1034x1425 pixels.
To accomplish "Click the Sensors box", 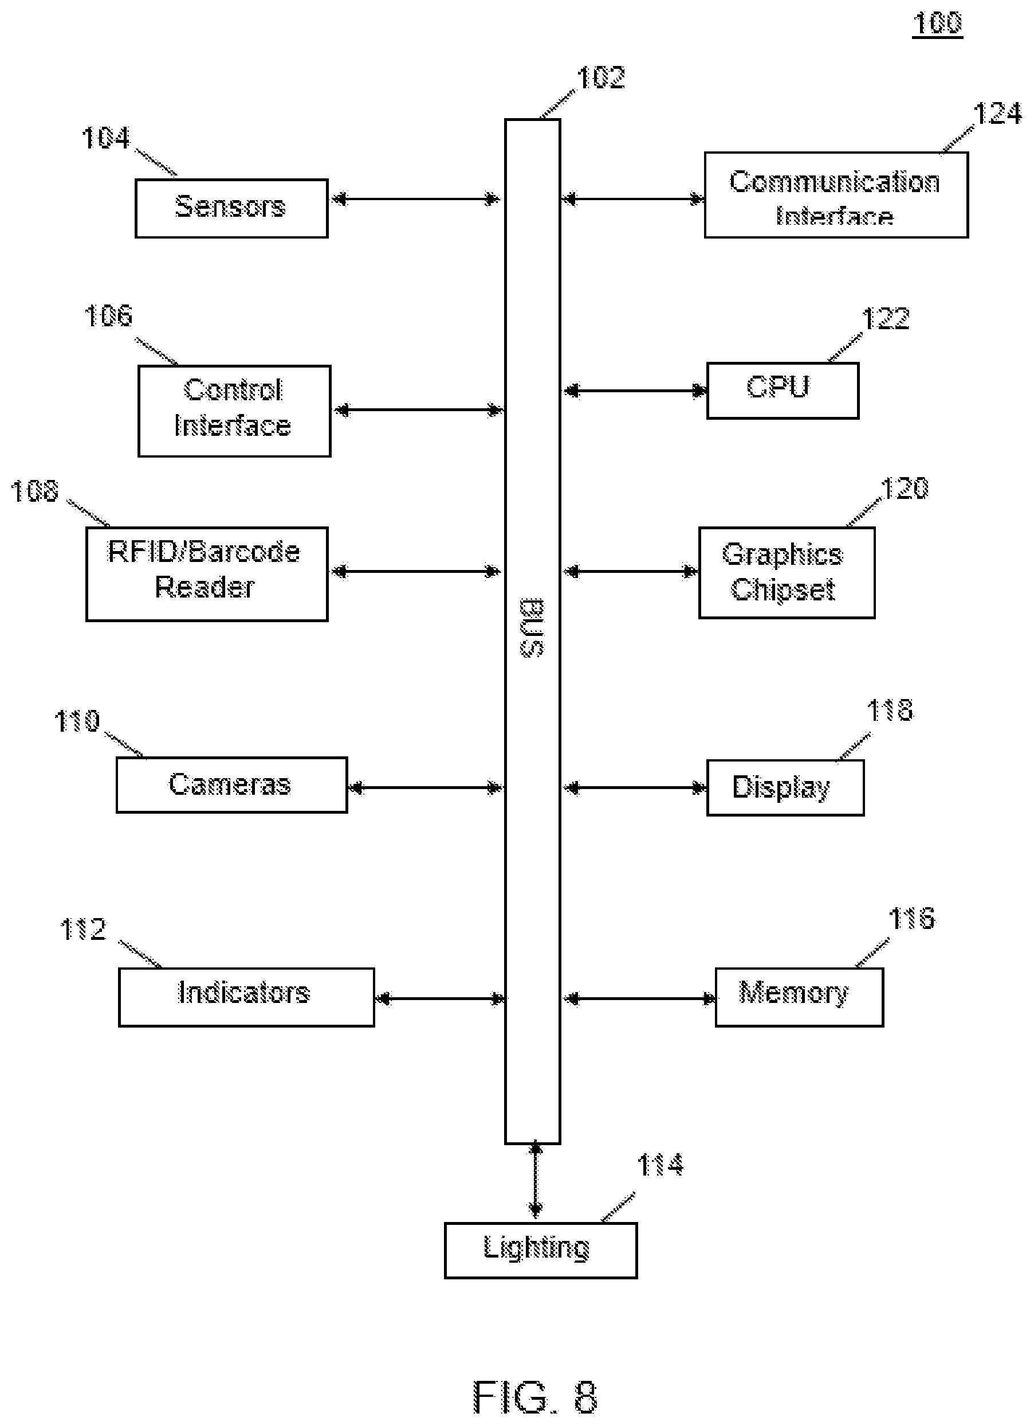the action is click(231, 209).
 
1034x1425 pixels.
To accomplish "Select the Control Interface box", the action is click(234, 411).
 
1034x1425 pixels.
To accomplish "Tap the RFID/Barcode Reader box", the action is click(207, 574).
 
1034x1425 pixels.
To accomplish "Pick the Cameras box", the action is click(231, 785).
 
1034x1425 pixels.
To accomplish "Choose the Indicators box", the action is click(246, 997).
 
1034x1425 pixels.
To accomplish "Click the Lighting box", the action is click(541, 1250).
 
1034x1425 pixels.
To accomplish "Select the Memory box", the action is click(799, 997).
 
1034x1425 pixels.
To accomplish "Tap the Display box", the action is click(785, 788).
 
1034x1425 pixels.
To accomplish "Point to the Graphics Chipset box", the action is click(787, 573).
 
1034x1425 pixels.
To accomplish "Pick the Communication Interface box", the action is click(836, 195).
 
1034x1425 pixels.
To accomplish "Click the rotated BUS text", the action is click(532, 628).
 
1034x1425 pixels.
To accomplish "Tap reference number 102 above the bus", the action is click(601, 78).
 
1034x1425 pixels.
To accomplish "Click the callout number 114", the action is click(660, 1165).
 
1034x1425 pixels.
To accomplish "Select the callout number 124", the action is click(997, 114).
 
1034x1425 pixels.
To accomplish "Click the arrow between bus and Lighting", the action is click(536, 1180).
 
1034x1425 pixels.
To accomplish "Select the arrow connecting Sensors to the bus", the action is click(416, 200).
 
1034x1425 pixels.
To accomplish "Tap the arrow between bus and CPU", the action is click(635, 391).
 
